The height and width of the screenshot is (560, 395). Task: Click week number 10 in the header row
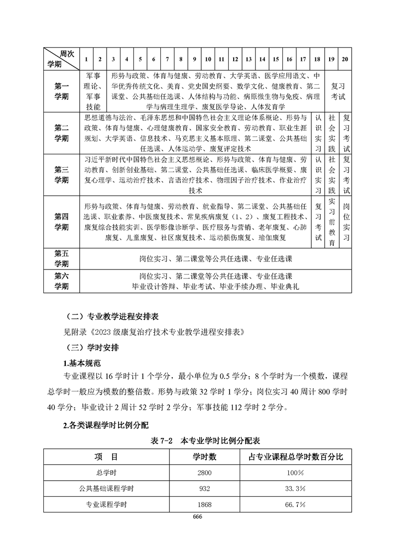[x=208, y=59]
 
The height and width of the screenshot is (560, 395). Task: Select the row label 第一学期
[x=61, y=91]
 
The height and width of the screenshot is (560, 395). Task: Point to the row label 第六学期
[x=61, y=281]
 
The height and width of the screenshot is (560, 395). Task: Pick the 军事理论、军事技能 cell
[x=93, y=91]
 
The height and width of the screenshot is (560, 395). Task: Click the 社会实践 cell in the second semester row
[x=332, y=133]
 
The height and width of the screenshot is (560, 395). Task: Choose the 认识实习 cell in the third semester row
[x=317, y=175]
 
